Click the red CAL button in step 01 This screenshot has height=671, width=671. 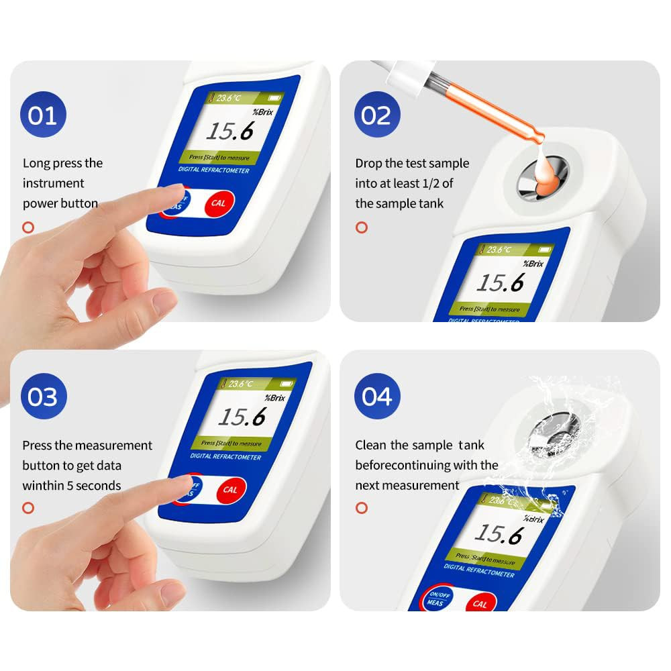[218, 203]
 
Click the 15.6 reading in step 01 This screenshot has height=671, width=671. [229, 132]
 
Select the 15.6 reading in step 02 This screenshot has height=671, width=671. [499, 283]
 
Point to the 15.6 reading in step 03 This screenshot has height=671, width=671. [242, 418]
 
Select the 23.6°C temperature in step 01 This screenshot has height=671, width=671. [238, 98]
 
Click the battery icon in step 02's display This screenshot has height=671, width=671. [544, 250]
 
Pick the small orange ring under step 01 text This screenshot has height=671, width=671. [28, 227]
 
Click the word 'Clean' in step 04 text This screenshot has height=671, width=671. [371, 445]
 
